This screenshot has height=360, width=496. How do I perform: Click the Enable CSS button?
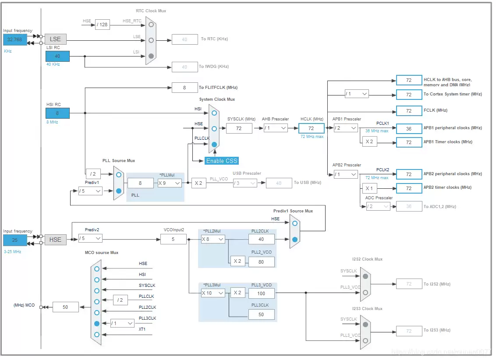point(221,161)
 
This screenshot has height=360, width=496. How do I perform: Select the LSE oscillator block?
point(55,39)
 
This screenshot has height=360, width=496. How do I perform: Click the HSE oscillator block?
point(55,240)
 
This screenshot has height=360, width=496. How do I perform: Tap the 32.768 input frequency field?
point(14,39)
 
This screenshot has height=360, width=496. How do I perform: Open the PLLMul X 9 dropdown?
point(170,183)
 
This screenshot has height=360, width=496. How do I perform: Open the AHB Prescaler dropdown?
point(276,128)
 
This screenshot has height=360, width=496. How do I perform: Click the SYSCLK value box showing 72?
point(239,128)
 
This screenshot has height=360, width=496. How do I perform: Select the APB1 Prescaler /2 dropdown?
point(345,128)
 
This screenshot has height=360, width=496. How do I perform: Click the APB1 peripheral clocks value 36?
point(409,128)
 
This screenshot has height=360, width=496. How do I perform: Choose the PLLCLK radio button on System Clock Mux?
point(214,144)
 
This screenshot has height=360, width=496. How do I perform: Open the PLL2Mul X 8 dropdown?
point(213,239)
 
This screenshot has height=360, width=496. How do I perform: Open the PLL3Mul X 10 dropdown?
point(213,293)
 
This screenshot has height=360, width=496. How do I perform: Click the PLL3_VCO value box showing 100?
point(261,293)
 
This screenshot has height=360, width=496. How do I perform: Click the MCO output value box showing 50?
point(66,307)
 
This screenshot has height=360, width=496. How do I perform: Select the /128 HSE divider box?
point(102,25)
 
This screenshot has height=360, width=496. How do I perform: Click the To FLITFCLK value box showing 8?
point(184,88)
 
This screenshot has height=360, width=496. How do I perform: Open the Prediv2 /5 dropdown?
point(90,239)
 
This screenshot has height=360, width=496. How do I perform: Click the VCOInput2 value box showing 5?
point(173,239)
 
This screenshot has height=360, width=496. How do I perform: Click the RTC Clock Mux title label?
point(151,11)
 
